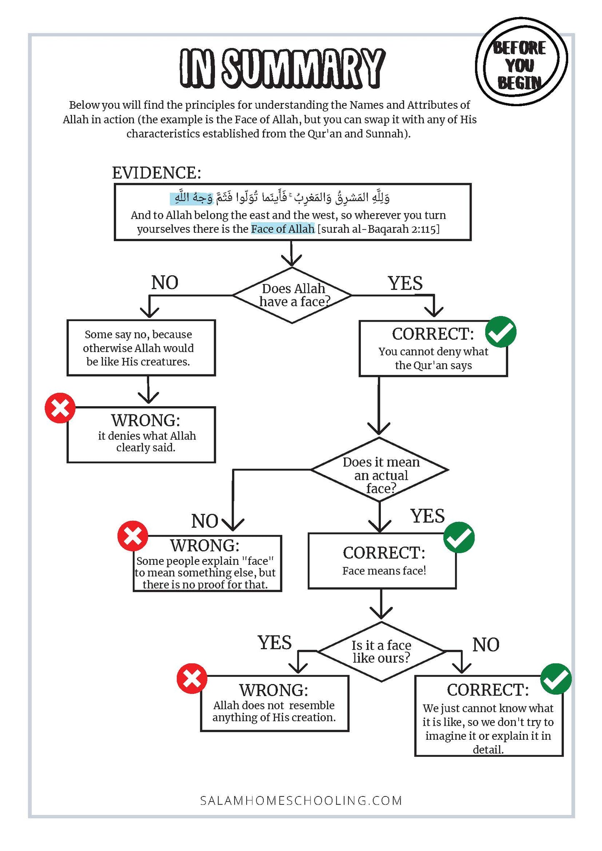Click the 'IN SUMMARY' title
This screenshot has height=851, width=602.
click(x=282, y=68)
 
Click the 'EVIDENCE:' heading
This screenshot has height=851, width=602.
click(x=157, y=172)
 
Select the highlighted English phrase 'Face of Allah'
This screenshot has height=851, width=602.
click(x=282, y=229)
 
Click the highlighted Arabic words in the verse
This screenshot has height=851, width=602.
click(x=192, y=198)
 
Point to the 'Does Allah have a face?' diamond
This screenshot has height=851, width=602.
click(x=292, y=295)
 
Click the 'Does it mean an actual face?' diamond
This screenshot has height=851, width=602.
click(x=380, y=469)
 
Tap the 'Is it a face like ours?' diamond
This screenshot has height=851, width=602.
click(x=381, y=651)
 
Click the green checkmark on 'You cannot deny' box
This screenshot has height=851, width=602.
click(x=501, y=332)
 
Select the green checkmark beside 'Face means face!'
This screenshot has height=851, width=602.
click(x=459, y=537)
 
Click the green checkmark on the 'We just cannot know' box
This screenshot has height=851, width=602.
click(x=556, y=679)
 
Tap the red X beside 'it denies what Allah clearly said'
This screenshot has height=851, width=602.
click(x=60, y=408)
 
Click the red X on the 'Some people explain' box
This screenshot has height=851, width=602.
click(x=133, y=536)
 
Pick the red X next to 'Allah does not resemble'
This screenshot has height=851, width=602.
click(x=192, y=679)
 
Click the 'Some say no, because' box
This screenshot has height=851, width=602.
click(x=141, y=348)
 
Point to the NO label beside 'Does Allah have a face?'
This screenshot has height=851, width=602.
click(x=165, y=283)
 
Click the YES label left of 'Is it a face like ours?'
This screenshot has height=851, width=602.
click(x=275, y=643)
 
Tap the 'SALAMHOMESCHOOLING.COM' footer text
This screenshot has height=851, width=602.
click(x=301, y=801)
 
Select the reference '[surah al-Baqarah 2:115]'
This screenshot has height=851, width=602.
click(x=379, y=229)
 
